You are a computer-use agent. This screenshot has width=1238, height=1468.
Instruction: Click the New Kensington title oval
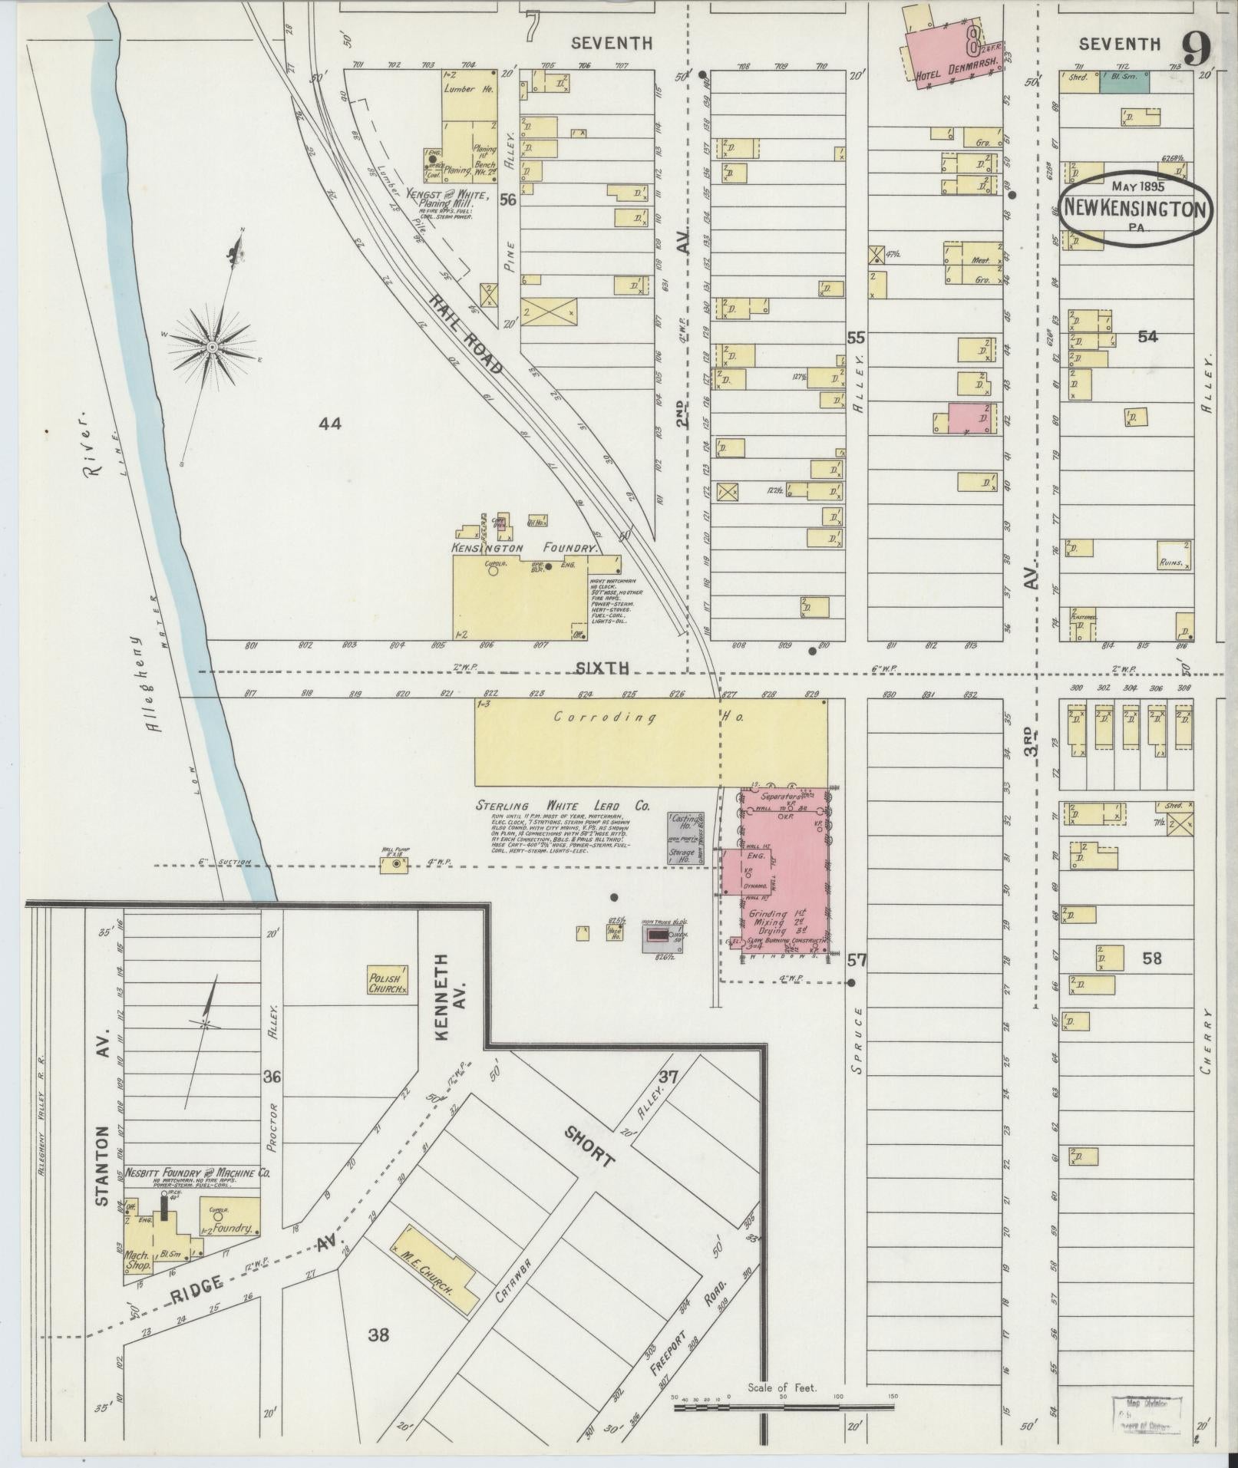(1135, 208)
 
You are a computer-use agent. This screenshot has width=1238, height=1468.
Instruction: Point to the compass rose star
(211, 348)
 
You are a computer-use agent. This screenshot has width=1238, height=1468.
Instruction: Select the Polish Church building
(388, 981)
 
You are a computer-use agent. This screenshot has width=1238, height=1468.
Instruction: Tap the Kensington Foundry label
(525, 548)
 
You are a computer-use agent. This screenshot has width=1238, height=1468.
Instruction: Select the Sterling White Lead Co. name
(563, 806)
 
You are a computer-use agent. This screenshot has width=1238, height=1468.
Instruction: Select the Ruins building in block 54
(1174, 556)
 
